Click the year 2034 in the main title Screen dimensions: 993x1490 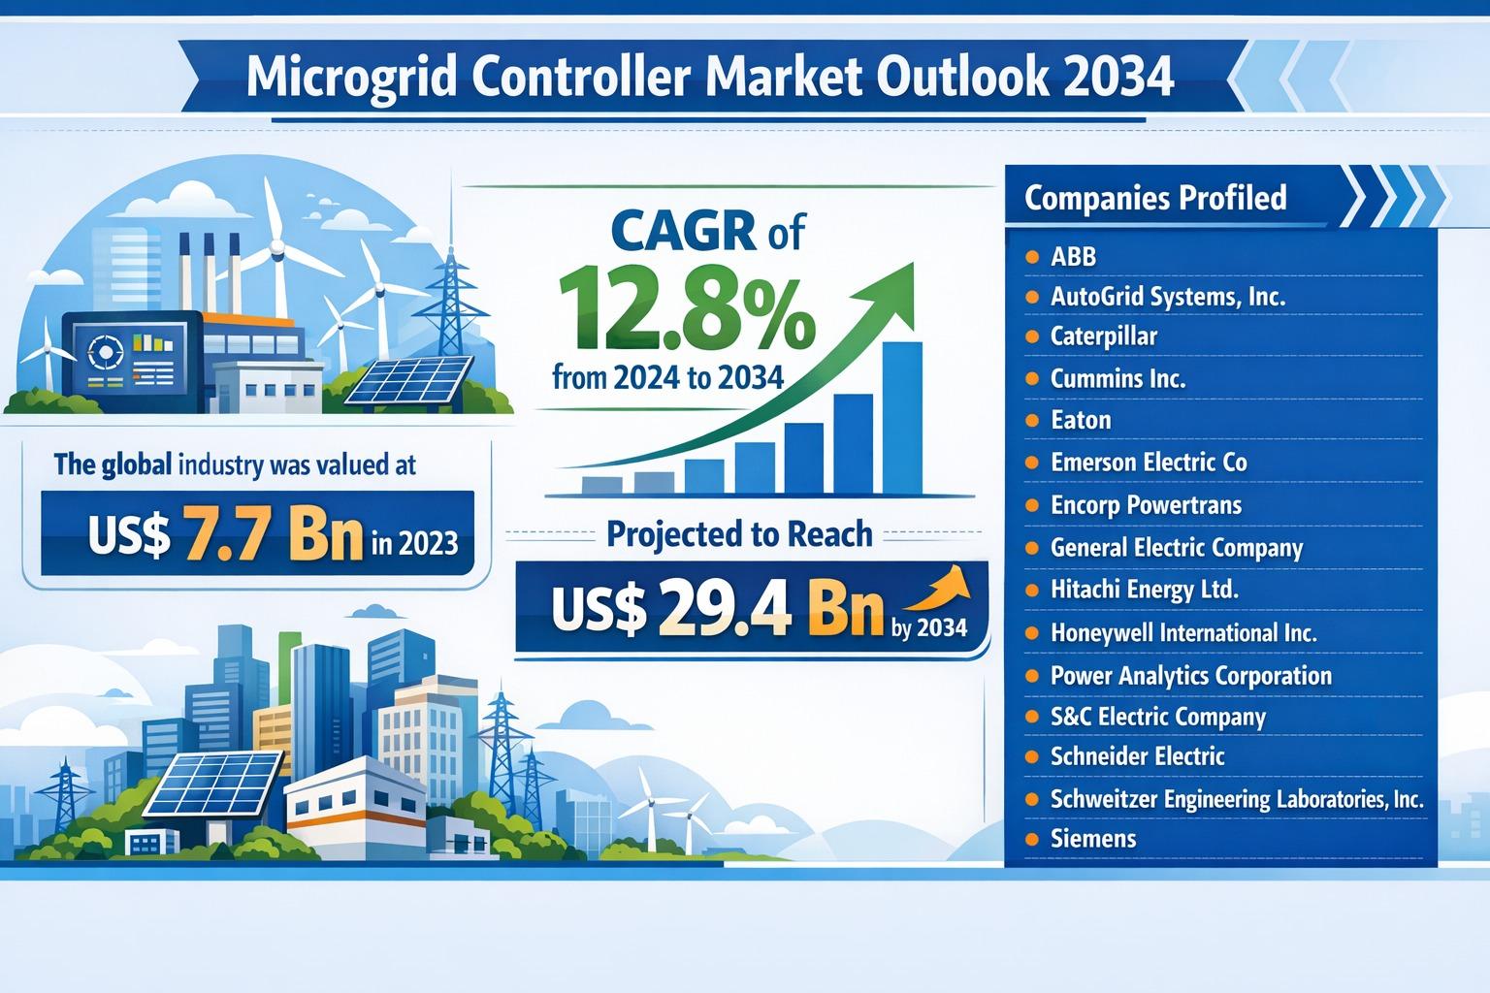click(x=1117, y=78)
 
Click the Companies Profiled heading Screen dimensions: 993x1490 click(x=1155, y=198)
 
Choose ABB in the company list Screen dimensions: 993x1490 click(x=1073, y=256)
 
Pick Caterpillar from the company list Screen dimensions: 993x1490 click(x=1103, y=336)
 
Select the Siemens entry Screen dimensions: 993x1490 click(x=1093, y=838)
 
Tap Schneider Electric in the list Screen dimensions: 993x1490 click(x=1137, y=756)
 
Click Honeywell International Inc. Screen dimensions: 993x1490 click(x=1183, y=633)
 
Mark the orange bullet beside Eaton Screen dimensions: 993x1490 click(x=1032, y=421)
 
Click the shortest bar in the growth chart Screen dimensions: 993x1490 click(x=601, y=485)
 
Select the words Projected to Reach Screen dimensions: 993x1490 click(x=739, y=534)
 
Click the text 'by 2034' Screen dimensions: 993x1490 click(x=928, y=628)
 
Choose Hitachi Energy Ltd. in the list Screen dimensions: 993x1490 click(x=1145, y=590)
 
